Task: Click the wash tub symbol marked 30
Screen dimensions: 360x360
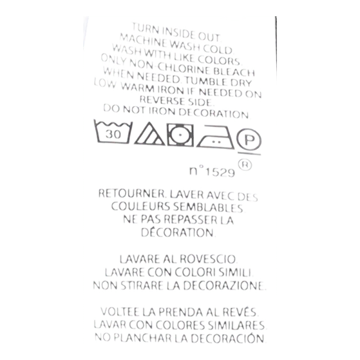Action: (113, 132)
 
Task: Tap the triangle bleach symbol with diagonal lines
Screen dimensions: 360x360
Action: (149, 135)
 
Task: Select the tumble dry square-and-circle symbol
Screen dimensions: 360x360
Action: (180, 135)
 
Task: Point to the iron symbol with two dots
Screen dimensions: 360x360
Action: (215, 137)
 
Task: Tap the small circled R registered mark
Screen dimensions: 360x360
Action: (245, 165)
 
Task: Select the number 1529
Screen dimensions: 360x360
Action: (220, 172)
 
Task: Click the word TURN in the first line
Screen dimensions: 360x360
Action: (142, 28)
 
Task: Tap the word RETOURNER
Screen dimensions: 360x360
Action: (132, 194)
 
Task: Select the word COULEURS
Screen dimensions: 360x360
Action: (140, 206)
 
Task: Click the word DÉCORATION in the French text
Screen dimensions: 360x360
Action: (178, 232)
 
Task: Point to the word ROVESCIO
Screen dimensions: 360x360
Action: (209, 259)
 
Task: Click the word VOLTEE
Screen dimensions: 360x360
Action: (120, 312)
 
